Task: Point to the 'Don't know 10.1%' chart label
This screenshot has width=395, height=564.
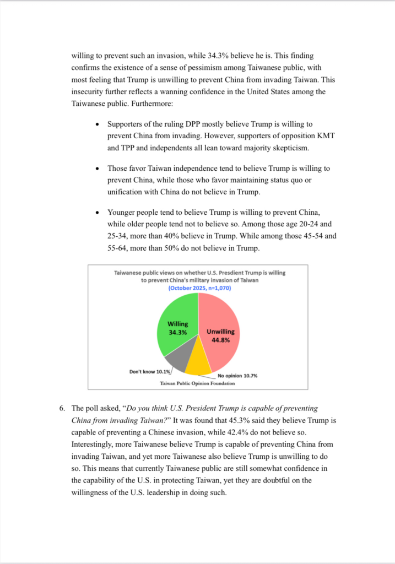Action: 149,372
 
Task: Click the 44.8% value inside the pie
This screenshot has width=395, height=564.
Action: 220,340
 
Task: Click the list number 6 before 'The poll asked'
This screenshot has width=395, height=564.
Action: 62,408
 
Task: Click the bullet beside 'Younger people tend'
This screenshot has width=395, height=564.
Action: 98,212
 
